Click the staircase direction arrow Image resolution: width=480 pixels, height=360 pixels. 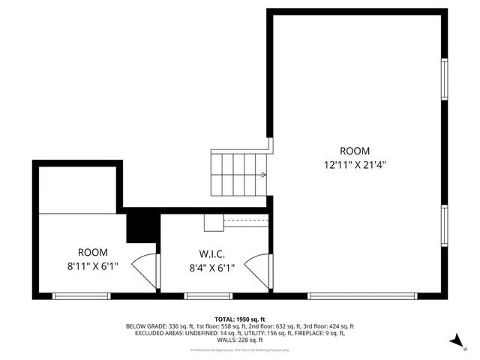[x=262, y=175]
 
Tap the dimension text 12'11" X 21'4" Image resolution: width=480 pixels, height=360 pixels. [x=355, y=165]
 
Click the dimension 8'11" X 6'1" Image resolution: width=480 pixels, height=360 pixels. [x=93, y=266]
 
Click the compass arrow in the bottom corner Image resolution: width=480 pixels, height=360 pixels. [x=454, y=341]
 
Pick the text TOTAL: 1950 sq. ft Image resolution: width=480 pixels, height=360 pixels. [x=239, y=319]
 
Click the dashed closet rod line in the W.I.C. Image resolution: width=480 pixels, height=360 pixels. [x=245, y=220]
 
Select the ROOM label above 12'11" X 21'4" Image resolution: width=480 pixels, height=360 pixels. [x=355, y=151]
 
